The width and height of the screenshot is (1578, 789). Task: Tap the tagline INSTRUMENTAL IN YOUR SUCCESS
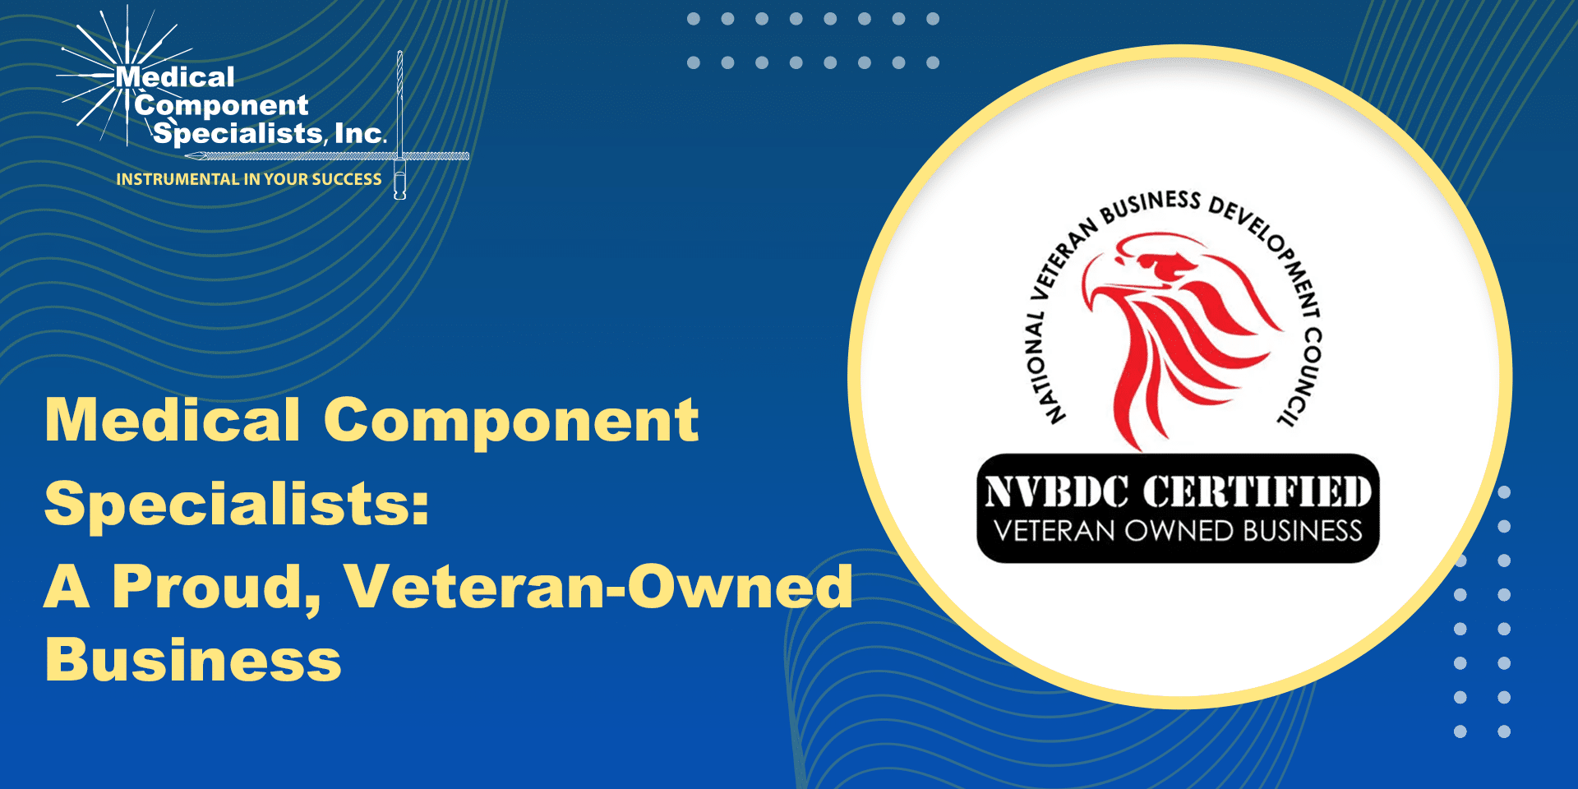[249, 179]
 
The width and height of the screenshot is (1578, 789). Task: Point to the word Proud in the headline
[216, 587]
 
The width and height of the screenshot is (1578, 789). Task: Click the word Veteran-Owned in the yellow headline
[598, 587]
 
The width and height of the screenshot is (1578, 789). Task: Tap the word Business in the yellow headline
[193, 659]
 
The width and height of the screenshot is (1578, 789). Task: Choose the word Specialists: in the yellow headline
[237, 503]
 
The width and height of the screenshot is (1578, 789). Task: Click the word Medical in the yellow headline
[173, 420]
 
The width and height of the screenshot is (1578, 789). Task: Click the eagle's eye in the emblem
[1167, 264]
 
